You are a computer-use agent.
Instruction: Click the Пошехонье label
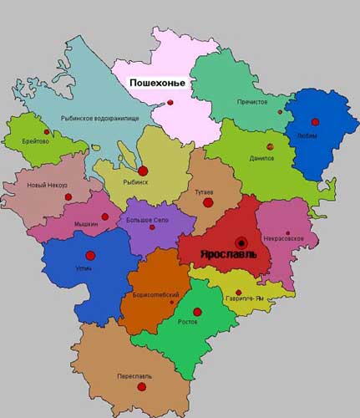(157, 84)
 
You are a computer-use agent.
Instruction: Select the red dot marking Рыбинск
(142, 170)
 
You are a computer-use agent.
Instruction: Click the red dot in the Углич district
(90, 255)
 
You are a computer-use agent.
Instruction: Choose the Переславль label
(134, 376)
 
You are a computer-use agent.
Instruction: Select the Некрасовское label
(287, 241)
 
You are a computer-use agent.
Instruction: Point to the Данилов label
(261, 158)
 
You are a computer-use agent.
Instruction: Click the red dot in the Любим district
(315, 122)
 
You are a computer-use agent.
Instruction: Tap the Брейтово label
(31, 141)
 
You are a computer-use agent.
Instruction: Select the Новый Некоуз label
(48, 185)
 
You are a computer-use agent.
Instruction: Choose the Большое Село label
(147, 220)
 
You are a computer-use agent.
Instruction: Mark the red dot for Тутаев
(207, 202)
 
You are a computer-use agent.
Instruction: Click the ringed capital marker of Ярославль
(241, 238)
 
